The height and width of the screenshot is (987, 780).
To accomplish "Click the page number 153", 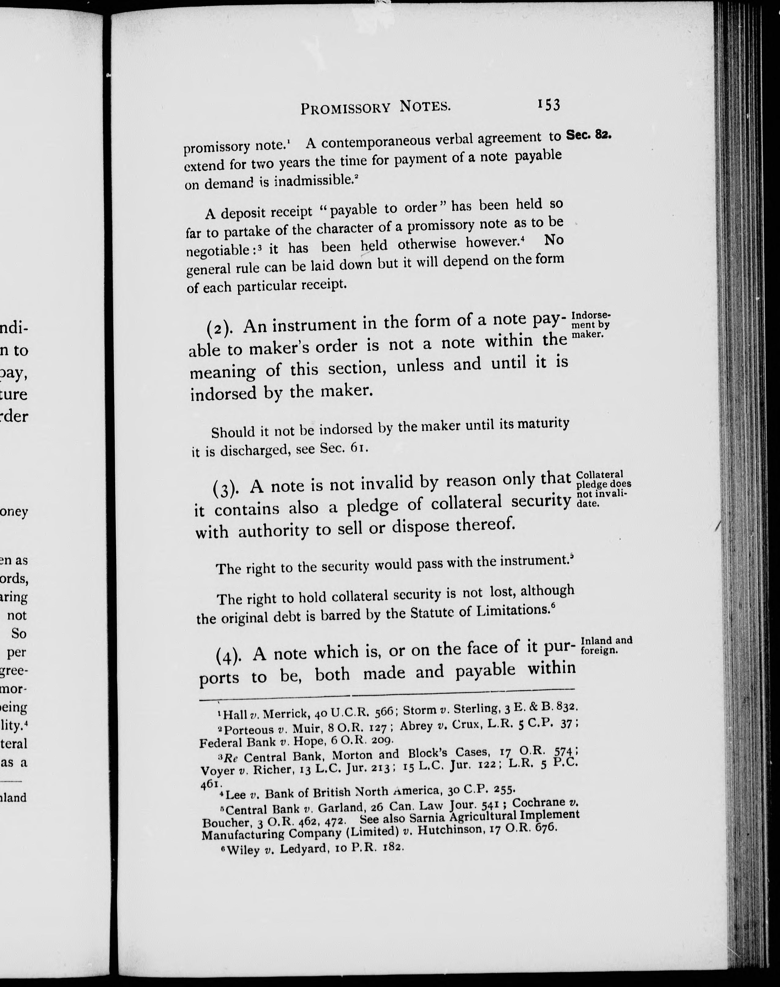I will pos(549,105).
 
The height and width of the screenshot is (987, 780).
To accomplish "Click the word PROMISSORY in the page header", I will pos(345,108).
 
